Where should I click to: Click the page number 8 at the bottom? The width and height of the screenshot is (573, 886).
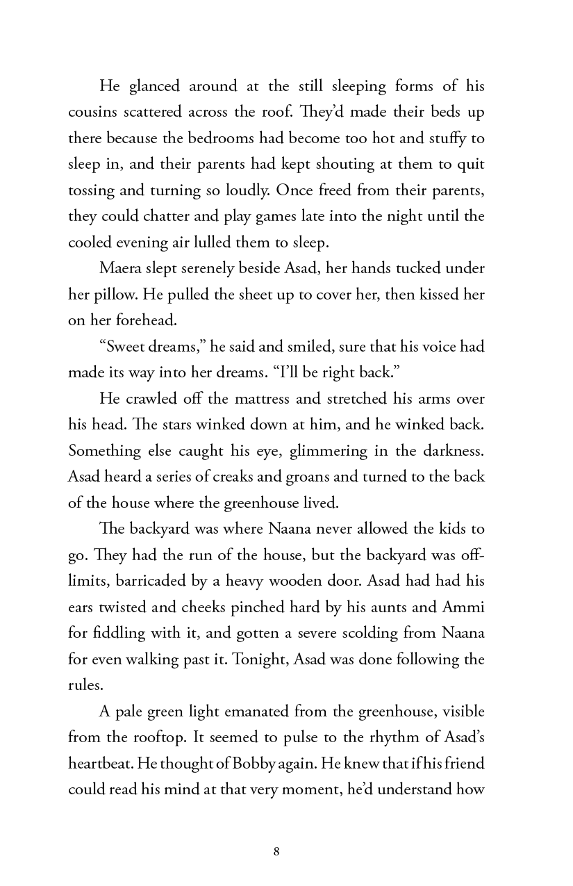[276, 851]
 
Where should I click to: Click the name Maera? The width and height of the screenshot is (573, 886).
[122, 268]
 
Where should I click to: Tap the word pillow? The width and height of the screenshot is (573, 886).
[114, 295]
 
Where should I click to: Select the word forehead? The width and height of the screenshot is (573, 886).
[133, 320]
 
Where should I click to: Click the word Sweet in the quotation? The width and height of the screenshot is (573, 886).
[126, 347]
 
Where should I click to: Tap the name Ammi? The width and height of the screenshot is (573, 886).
[463, 607]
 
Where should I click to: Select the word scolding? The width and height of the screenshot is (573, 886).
[365, 633]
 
